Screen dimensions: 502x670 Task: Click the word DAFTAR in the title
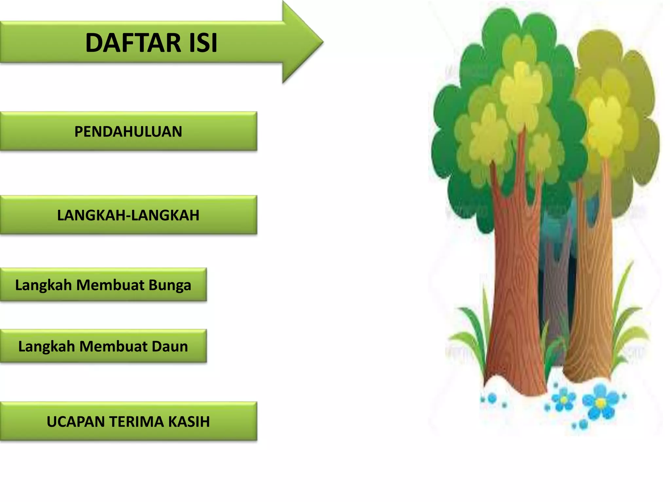[x=133, y=43]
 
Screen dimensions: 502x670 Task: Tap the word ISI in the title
[x=203, y=43]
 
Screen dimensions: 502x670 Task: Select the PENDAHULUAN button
[x=128, y=131]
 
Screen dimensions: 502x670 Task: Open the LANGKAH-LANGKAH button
[x=128, y=215]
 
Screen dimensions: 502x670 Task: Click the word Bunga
[x=170, y=285]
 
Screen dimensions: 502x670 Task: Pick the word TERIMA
[x=137, y=422]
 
